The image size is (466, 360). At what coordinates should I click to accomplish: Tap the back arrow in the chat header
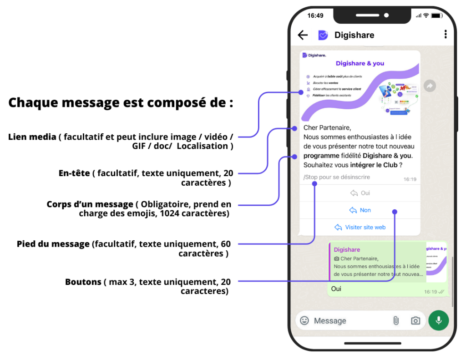(x=303, y=35)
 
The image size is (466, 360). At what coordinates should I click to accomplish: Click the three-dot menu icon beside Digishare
(x=446, y=35)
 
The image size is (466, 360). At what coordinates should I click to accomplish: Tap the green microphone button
(x=438, y=320)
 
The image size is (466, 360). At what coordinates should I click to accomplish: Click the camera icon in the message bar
(x=415, y=321)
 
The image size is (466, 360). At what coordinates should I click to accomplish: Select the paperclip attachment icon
(x=396, y=321)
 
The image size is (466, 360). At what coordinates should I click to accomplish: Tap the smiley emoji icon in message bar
(x=304, y=321)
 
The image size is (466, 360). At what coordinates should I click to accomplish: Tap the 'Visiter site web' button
(x=360, y=227)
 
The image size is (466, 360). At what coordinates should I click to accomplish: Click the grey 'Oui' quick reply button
(x=360, y=193)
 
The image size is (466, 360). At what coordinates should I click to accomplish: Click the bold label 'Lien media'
(x=32, y=137)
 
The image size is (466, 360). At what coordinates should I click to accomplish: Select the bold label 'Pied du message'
(x=53, y=244)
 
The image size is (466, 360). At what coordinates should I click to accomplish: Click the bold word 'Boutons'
(x=83, y=282)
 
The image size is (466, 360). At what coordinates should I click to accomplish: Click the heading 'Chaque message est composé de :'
(x=121, y=102)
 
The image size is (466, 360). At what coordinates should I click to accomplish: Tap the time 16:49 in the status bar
(x=315, y=15)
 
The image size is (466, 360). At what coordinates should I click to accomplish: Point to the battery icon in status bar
(x=436, y=15)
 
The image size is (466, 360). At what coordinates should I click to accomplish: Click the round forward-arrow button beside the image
(x=430, y=86)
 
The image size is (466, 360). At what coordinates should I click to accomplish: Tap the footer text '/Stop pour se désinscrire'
(x=336, y=177)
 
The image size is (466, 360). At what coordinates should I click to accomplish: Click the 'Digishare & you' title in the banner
(x=360, y=63)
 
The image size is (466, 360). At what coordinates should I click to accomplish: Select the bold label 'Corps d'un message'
(x=90, y=204)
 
